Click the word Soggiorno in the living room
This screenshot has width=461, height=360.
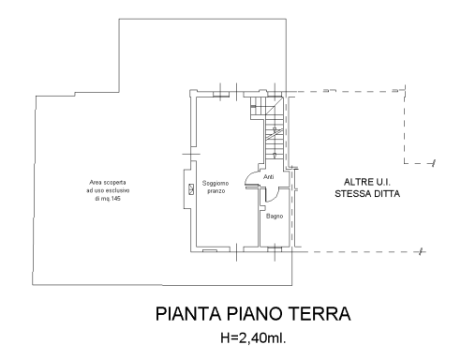[x=216, y=182]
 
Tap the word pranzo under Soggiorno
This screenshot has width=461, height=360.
[x=216, y=190]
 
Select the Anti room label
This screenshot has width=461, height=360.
[x=268, y=176]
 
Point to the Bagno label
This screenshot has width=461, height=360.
[x=274, y=217]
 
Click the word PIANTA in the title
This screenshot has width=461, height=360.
[x=186, y=313]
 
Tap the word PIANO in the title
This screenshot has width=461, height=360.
[x=250, y=313]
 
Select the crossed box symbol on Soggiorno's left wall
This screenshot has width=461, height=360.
[x=191, y=189]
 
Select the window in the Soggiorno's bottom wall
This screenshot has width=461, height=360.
[x=211, y=251]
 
